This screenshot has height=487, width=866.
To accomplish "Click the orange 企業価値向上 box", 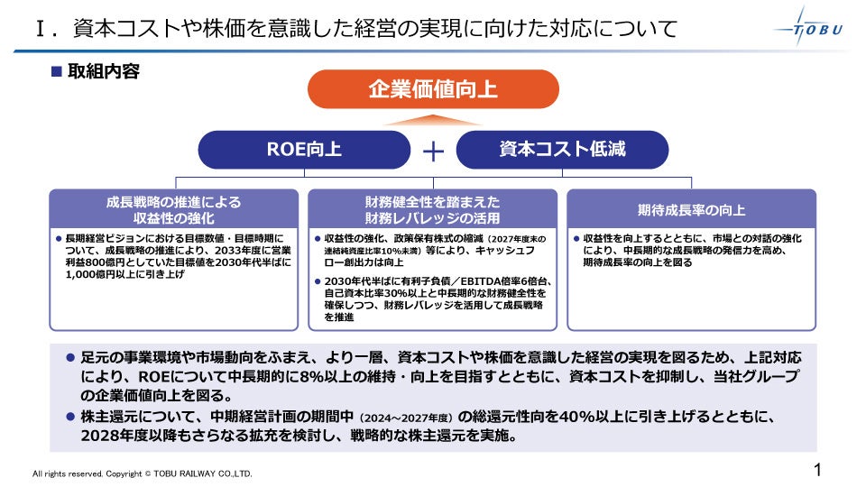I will (433, 89).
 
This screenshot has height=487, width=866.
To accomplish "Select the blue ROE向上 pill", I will (304, 149).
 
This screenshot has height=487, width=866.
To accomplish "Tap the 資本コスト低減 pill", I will (562, 149).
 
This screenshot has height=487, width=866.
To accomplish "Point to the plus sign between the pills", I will (434, 151).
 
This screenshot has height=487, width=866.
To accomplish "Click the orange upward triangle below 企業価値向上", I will (433, 118).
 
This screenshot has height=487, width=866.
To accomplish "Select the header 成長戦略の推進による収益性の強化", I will (174, 210).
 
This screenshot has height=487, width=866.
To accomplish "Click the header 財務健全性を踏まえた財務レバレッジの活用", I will (433, 210).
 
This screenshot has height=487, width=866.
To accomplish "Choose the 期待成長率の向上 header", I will (691, 210).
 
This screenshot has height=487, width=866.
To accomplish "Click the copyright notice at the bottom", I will (143, 473).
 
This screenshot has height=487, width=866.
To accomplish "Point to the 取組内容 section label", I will (104, 71).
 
